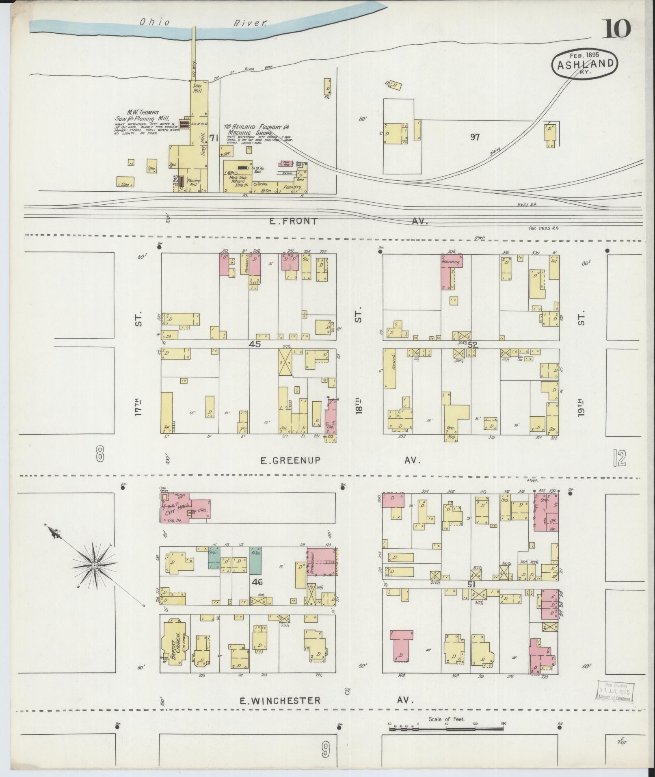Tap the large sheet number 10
click(616, 28)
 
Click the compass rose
click(95, 565)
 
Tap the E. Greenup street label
click(290, 460)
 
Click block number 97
click(475, 137)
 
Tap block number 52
click(472, 345)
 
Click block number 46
click(257, 582)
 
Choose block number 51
click(471, 584)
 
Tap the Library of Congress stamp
click(615, 691)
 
